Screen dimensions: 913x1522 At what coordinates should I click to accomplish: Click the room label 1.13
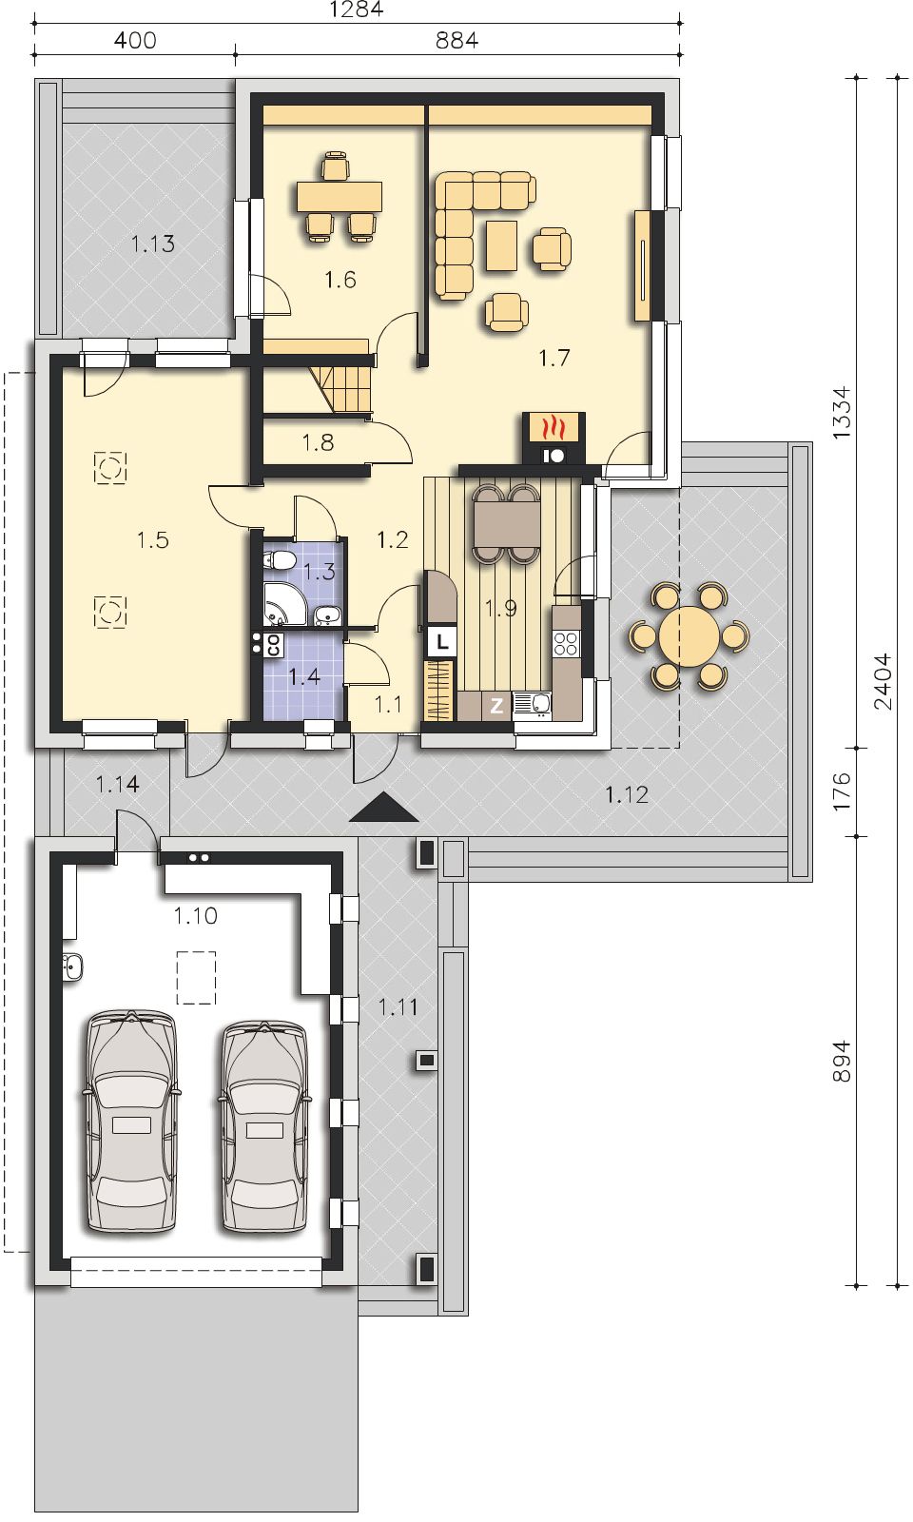[x=153, y=244]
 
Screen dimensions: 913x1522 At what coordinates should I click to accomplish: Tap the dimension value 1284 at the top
[x=357, y=10]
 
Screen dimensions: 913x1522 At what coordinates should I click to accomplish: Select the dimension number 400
[x=135, y=40]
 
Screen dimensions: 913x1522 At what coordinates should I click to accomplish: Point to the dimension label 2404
[x=882, y=681]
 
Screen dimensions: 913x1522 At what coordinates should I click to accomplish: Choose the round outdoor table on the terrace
[x=689, y=636]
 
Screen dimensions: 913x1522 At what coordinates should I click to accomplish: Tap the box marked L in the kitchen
[x=442, y=641]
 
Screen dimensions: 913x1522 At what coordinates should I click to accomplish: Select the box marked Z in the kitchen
[x=496, y=706]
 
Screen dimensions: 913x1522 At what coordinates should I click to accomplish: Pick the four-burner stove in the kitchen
[x=566, y=643]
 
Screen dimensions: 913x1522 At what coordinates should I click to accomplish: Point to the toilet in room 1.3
[x=279, y=561]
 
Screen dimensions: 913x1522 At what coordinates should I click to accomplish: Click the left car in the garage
[x=131, y=1122]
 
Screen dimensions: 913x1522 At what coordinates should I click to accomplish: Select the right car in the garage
[x=264, y=1125]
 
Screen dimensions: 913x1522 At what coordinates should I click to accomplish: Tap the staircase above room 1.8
[x=343, y=389]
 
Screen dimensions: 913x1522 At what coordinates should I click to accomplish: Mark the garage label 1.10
[x=195, y=916]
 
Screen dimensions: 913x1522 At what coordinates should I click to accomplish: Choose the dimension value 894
[x=841, y=1061]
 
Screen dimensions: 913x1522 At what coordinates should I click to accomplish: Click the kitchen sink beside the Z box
[x=533, y=705]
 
